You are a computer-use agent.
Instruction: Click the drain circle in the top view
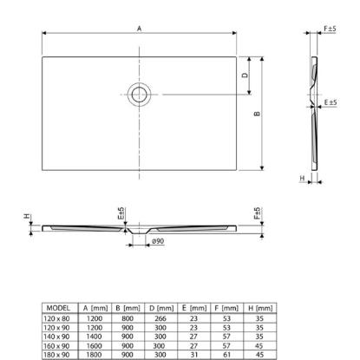pyautogui.click(x=128, y=95)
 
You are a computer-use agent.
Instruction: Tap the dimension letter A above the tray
pyautogui.click(x=140, y=29)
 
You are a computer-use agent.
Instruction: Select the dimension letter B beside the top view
pyautogui.click(x=257, y=114)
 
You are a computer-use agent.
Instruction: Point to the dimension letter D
pyautogui.click(x=245, y=75)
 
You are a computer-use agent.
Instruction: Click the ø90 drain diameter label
pyautogui.click(x=158, y=241)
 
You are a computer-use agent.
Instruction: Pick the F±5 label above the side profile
pyautogui.click(x=330, y=29)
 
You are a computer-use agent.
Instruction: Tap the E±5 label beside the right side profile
pyautogui.click(x=331, y=102)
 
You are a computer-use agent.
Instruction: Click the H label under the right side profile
pyautogui.click(x=302, y=178)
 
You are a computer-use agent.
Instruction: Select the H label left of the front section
pyautogui.click(x=27, y=216)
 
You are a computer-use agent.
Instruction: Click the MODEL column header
pyautogui.click(x=58, y=308)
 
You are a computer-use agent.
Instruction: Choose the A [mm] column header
pyautogui.click(x=95, y=308)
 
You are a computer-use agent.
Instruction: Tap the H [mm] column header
pyautogui.click(x=260, y=308)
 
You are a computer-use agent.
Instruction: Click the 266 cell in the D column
pyautogui.click(x=160, y=318)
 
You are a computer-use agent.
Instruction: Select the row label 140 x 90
pyautogui.click(x=56, y=337)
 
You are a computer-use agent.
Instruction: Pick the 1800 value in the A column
pyautogui.click(x=95, y=355)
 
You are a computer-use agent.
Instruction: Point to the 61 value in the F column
pyautogui.click(x=226, y=355)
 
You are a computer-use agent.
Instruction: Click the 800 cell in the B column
pyautogui.click(x=128, y=318)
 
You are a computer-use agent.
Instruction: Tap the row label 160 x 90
pyautogui.click(x=56, y=346)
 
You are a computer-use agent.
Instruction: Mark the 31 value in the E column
pyautogui.click(x=193, y=355)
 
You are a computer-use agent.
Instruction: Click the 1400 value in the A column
pyautogui.click(x=95, y=337)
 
